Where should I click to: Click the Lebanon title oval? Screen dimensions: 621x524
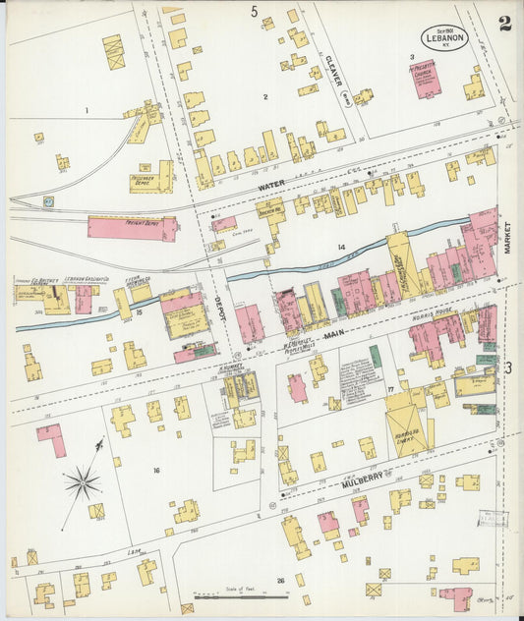tap(442, 37)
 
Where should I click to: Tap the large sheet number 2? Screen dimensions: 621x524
tap(504, 24)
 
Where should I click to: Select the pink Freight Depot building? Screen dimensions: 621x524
tap(132, 228)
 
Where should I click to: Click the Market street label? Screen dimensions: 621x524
tap(509, 237)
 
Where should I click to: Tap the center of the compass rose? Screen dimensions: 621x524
tap(83, 482)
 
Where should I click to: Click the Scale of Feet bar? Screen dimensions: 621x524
tap(227, 595)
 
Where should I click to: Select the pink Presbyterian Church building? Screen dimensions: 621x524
tap(427, 80)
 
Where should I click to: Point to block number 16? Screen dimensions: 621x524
tap(155, 471)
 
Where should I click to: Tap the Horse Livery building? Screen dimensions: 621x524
tap(408, 427)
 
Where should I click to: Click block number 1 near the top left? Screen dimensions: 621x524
tap(87, 111)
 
